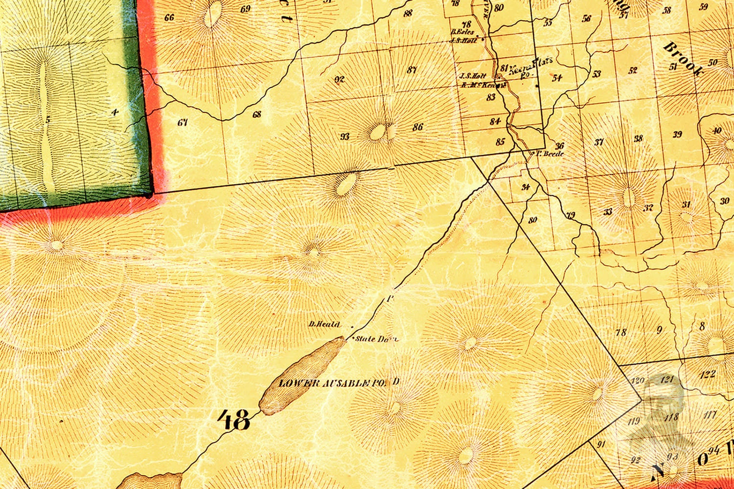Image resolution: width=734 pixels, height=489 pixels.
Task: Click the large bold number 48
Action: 234,420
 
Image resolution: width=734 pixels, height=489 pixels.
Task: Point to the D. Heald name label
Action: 321,324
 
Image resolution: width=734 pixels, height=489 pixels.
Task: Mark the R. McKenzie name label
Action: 482,84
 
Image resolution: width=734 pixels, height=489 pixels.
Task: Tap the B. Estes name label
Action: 462,32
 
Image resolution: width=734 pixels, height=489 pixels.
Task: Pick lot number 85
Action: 500,142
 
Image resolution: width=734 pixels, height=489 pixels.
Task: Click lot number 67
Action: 183,122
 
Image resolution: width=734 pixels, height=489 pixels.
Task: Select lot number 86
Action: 417,127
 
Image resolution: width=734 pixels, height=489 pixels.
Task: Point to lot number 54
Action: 557,77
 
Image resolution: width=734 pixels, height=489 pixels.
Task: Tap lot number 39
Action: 677,134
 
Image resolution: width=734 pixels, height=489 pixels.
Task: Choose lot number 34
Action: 526,187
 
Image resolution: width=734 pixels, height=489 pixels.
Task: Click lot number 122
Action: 708,375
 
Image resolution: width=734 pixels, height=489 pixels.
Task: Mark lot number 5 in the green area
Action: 47,119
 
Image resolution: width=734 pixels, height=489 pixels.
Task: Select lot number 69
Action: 246,9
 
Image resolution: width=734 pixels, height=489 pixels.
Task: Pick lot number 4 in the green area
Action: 115,112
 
